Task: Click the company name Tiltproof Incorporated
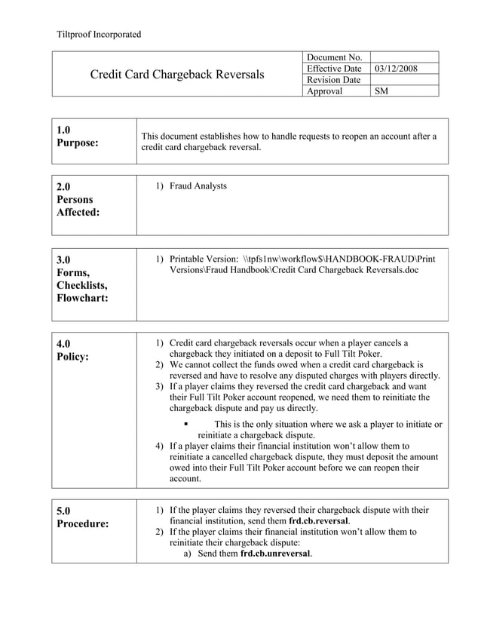pos(99,34)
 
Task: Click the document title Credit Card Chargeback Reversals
pos(177,75)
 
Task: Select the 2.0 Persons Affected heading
pos(78,199)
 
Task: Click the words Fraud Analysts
pos(198,186)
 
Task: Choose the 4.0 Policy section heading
pos(72,350)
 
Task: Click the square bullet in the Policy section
pos(186,424)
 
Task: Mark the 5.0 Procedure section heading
pos(82,517)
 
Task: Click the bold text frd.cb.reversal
pos(319,521)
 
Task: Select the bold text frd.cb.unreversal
pos(276,553)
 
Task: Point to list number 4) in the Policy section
pos(159,446)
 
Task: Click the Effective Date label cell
pos(335,69)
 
